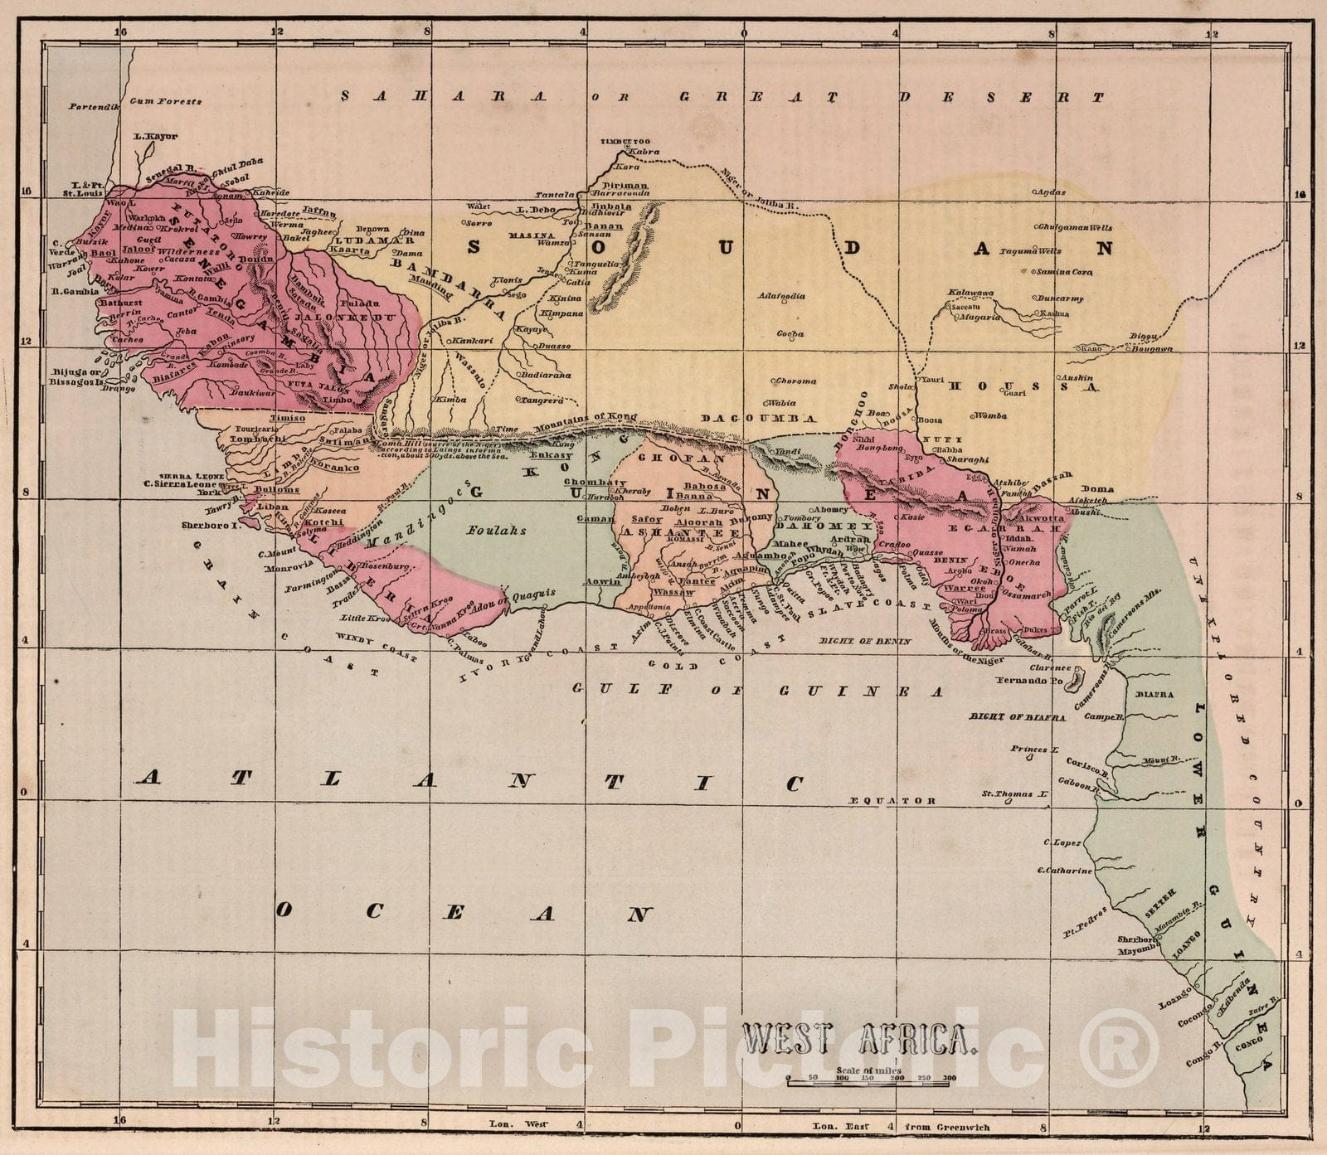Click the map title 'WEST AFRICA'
click(x=859, y=1038)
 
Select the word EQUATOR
click(x=893, y=801)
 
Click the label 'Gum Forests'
click(x=166, y=101)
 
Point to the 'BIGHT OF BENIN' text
click(x=864, y=641)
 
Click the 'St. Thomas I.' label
click(x=1015, y=794)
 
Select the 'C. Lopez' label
click(x=1062, y=843)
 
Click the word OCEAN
click(x=461, y=912)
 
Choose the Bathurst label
click(x=119, y=303)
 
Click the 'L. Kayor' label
click(x=155, y=136)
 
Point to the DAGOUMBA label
click(x=759, y=419)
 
